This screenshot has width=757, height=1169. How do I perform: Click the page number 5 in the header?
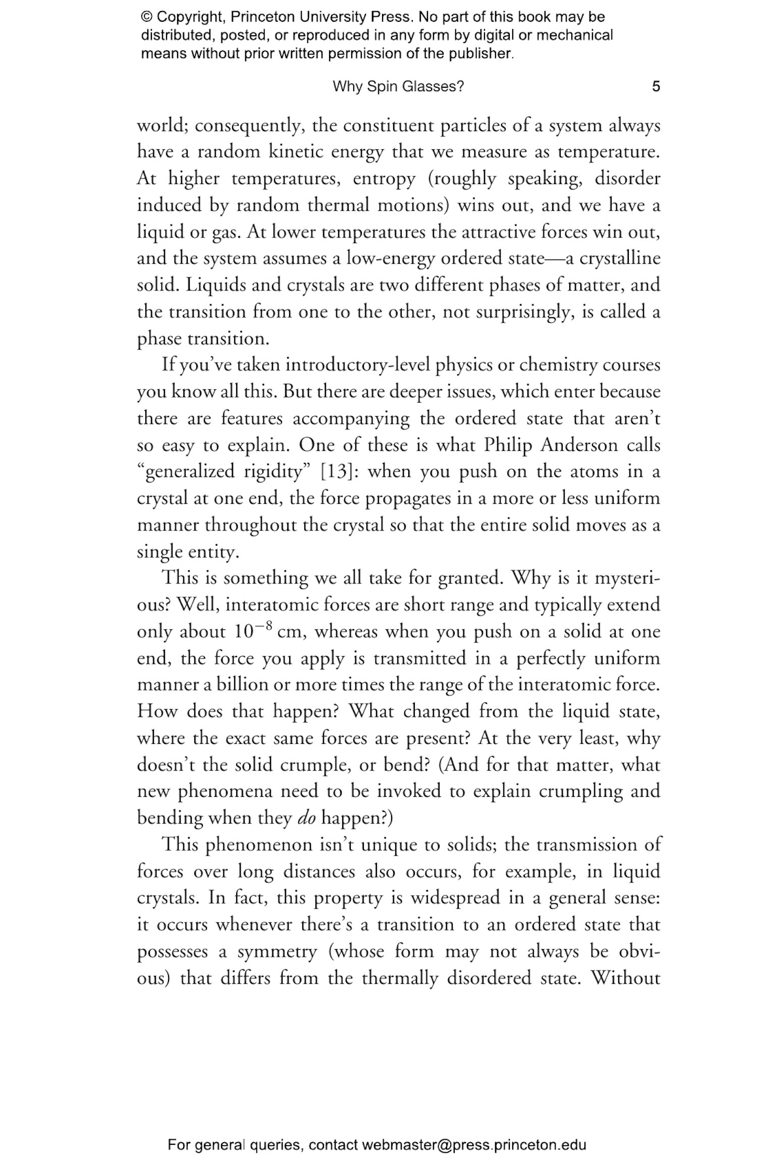[656, 87]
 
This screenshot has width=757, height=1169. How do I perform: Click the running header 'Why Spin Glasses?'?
[398, 87]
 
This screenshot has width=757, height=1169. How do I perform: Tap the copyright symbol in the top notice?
[146, 18]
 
